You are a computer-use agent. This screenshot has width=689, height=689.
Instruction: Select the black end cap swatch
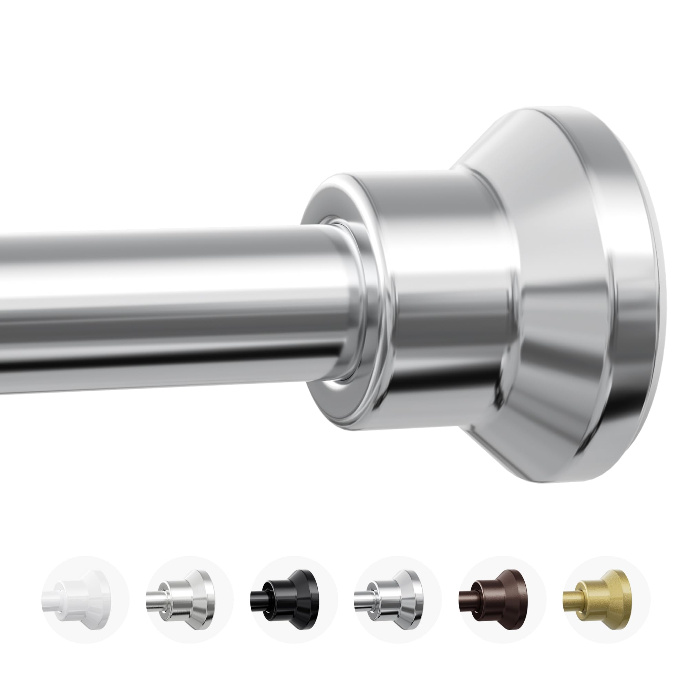tap(294, 599)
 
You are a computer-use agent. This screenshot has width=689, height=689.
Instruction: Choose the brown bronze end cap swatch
tap(503, 599)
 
